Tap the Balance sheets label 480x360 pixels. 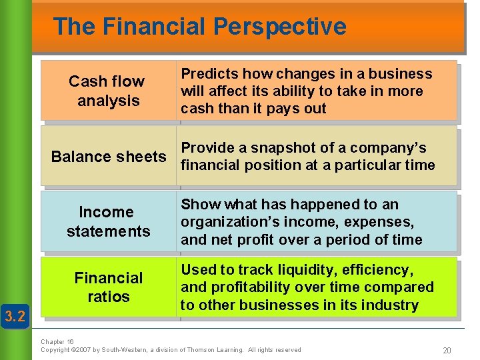pos(109,157)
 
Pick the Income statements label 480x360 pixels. pos(108,221)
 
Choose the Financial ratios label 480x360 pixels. pos(108,287)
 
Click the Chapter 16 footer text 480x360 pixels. pos(57,342)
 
